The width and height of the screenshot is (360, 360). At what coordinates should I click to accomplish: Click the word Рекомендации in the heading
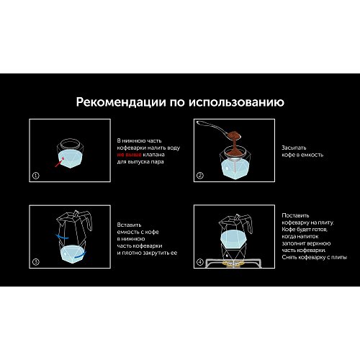121,102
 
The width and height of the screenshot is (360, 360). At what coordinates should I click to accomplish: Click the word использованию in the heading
236,102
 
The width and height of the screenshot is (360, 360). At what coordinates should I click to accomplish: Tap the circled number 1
35,176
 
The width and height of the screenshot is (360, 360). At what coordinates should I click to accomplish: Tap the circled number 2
200,176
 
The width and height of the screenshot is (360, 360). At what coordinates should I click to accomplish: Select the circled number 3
35,262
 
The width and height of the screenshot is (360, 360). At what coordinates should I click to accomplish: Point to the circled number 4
200,262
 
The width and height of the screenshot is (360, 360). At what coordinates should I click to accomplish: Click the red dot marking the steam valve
63,158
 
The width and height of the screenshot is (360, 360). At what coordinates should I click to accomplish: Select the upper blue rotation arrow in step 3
62,237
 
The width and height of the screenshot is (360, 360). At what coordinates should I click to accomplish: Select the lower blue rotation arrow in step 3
80,255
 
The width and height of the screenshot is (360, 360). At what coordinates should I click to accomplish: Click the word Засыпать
294,148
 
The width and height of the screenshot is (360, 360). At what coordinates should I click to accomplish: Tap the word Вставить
129,225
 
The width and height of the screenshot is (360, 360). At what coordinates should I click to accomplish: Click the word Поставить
295,215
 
